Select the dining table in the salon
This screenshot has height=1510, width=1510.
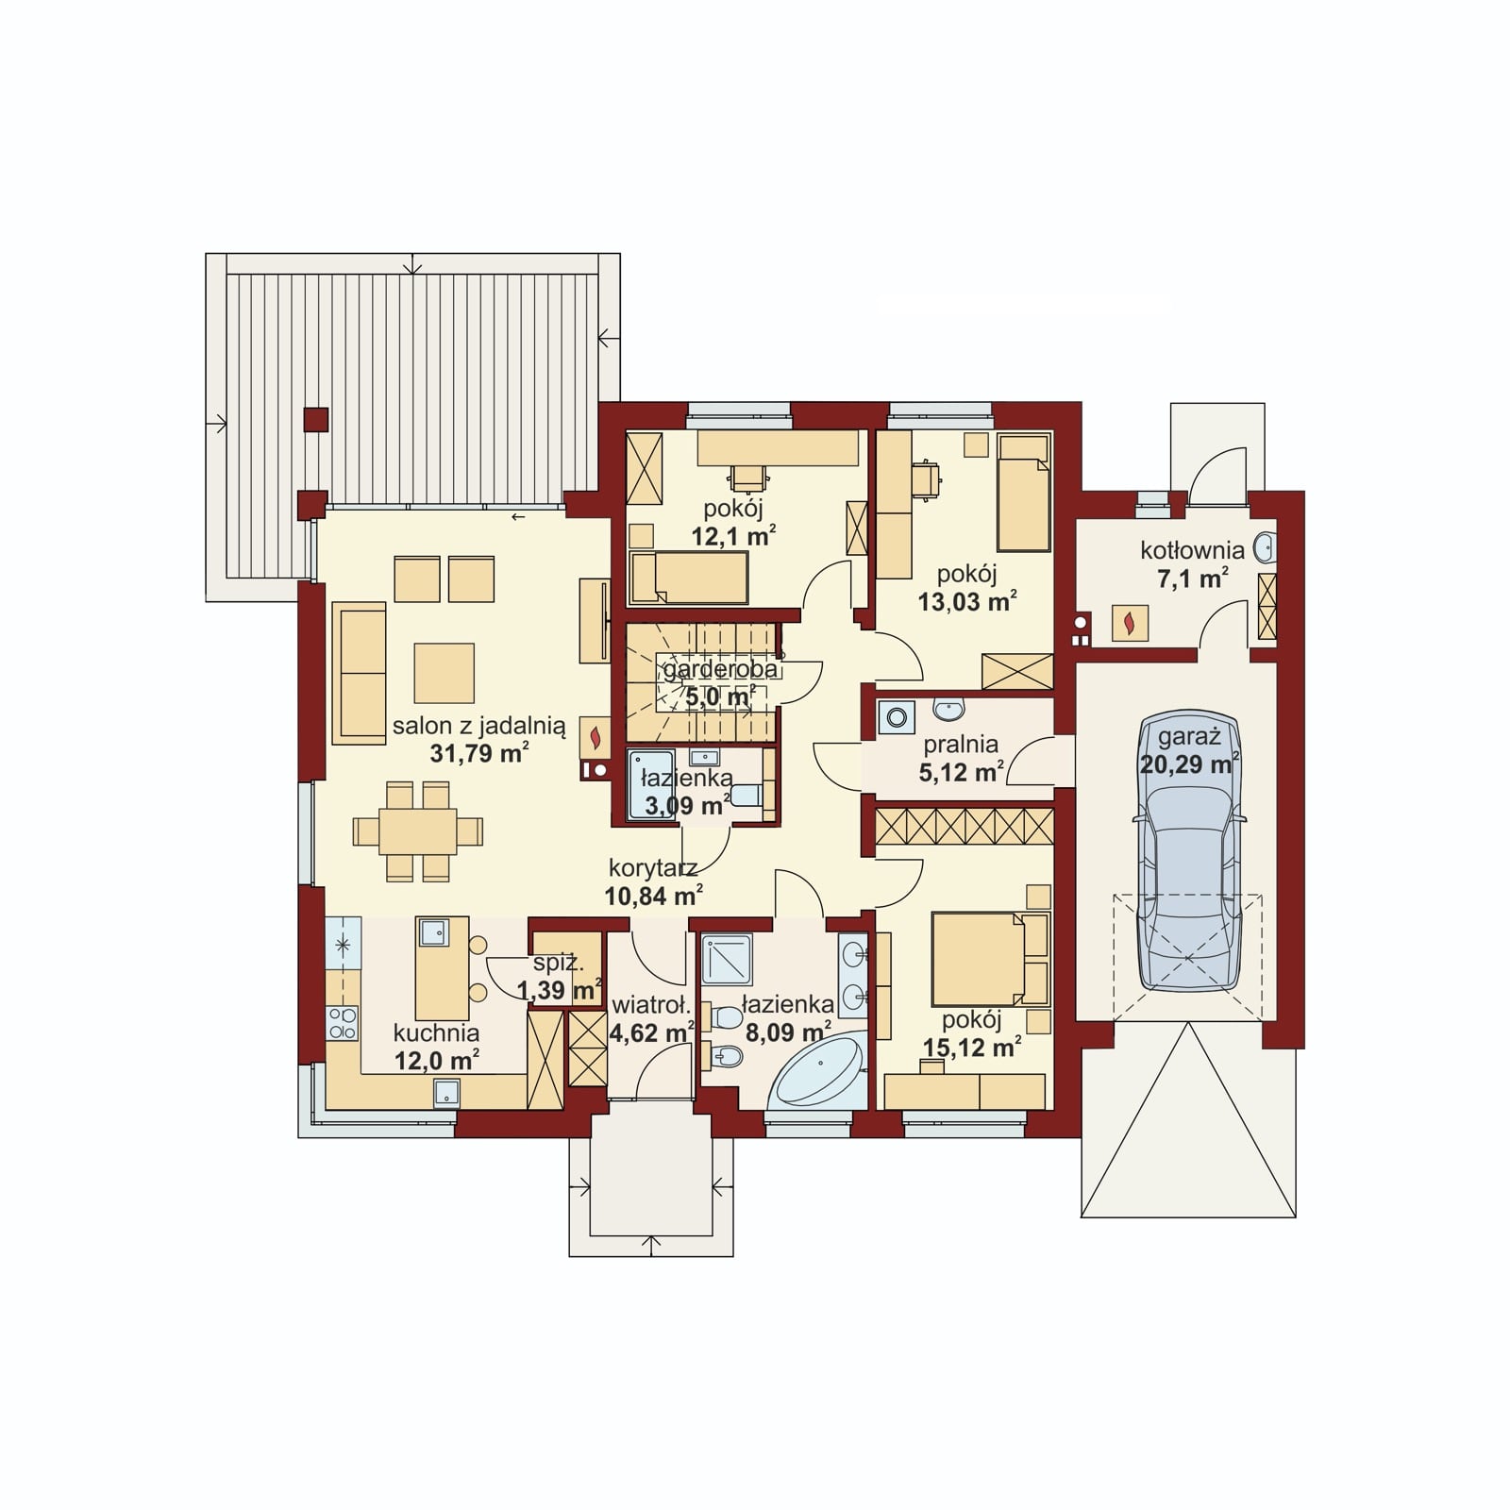tap(417, 831)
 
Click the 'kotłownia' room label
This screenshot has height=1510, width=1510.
tap(1192, 550)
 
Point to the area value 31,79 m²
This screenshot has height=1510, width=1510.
tap(478, 753)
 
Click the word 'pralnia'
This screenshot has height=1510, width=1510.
tap(961, 746)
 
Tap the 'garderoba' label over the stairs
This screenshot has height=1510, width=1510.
tap(720, 669)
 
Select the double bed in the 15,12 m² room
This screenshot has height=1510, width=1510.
tap(990, 958)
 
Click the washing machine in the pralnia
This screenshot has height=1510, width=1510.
tap(897, 717)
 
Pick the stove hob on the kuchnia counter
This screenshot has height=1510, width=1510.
tap(343, 1023)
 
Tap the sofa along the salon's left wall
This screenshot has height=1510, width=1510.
tap(359, 673)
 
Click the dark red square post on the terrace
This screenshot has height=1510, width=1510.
tap(316, 419)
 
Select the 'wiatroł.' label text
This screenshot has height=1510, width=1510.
tap(650, 1005)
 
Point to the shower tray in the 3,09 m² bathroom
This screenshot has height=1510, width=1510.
tap(650, 783)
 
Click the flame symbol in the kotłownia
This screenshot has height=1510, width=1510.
tap(1130, 623)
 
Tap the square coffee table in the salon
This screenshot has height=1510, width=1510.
tap(444, 673)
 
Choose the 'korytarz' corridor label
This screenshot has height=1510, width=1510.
tap(653, 868)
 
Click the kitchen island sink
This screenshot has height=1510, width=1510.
tap(433, 932)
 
